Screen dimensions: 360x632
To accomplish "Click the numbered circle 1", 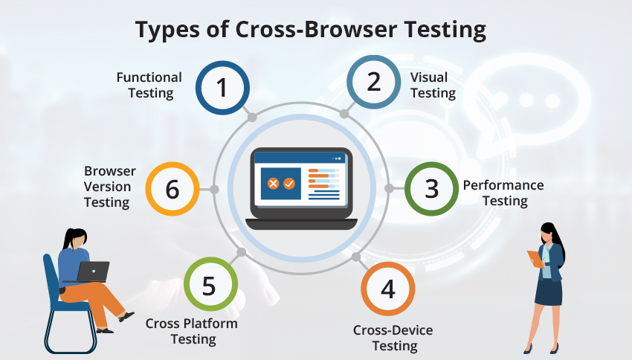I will point(222,88).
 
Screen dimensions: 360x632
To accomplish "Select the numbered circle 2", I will point(373,82).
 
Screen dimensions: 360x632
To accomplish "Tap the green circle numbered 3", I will point(431,188).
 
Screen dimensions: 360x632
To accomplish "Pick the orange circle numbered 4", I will point(387,288).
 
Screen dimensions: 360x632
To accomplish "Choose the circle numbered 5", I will point(210,286).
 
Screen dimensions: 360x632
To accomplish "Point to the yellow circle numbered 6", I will point(172,189).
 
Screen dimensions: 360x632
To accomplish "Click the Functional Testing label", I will point(149,85).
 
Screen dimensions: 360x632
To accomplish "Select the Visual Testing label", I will point(433,85).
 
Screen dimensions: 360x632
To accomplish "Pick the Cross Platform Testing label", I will point(192,331).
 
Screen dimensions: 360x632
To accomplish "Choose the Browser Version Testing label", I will point(107,187).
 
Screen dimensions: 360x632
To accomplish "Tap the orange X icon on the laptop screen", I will point(273,182).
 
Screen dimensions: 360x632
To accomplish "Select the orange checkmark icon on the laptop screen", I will point(289,182).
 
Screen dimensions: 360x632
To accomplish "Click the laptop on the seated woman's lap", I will point(93,271).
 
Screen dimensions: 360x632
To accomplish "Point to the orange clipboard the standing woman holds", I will point(535,258).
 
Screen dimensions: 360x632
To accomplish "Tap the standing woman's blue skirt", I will point(549,292).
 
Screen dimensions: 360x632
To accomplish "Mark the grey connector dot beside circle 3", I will point(389,188).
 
